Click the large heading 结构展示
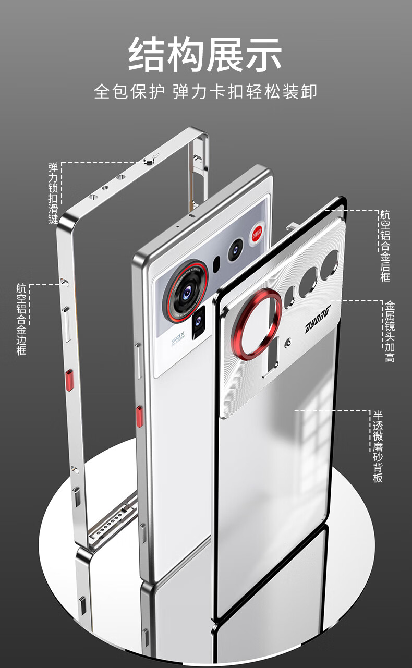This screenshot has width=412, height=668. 205,54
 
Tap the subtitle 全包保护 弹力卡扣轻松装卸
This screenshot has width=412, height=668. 205,92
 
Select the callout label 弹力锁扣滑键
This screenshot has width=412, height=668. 53,193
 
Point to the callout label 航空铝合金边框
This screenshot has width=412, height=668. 21,319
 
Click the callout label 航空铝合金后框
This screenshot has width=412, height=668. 385,246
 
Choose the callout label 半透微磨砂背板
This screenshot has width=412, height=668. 378,446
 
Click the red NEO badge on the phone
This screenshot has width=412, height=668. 257,234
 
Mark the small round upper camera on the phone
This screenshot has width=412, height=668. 235,249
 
